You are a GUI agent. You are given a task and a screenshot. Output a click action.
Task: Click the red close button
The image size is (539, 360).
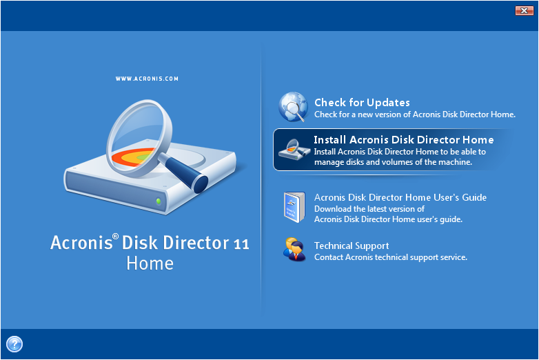pyautogui.click(x=524, y=10)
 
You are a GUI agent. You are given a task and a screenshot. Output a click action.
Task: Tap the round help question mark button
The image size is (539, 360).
pyautogui.click(x=14, y=344)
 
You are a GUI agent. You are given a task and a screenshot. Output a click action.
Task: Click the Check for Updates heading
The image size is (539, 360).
pyautogui.click(x=362, y=103)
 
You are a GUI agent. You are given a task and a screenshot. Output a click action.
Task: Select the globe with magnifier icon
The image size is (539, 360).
pyautogui.click(x=293, y=107)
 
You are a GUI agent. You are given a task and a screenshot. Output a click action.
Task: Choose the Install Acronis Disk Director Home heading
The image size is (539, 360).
pyautogui.click(x=404, y=139)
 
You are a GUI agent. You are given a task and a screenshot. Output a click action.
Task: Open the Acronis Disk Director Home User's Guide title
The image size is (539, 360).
pyautogui.click(x=400, y=197)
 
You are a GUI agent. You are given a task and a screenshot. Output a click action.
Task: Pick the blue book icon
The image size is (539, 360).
pyautogui.click(x=294, y=208)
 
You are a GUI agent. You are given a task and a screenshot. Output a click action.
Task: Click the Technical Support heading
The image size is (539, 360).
pyautogui.click(x=352, y=246)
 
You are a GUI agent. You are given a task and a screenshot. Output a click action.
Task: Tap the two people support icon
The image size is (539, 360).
pyautogui.click(x=294, y=249)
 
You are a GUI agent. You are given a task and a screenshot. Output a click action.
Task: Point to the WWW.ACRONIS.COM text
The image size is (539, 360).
pyautogui.click(x=147, y=79)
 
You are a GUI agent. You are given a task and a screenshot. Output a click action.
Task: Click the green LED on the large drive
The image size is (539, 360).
pyautogui.click(x=159, y=201)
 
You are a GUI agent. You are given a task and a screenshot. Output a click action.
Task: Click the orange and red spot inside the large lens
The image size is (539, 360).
pyautogui.click(x=134, y=158)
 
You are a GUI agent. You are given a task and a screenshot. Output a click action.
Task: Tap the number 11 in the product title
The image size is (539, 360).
pyautogui.click(x=241, y=244)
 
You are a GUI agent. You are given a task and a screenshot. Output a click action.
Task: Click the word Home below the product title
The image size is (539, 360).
pyautogui.click(x=150, y=263)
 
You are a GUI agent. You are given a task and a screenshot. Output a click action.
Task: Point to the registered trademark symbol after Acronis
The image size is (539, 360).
pyautogui.click(x=116, y=237)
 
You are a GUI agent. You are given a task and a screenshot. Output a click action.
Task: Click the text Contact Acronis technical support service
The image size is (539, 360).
pyautogui.click(x=391, y=257)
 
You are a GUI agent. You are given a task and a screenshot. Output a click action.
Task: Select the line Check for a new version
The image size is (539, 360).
pyautogui.click(x=415, y=114)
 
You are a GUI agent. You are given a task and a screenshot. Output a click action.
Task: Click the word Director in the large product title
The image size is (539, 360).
pyautogui.click(x=196, y=243)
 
